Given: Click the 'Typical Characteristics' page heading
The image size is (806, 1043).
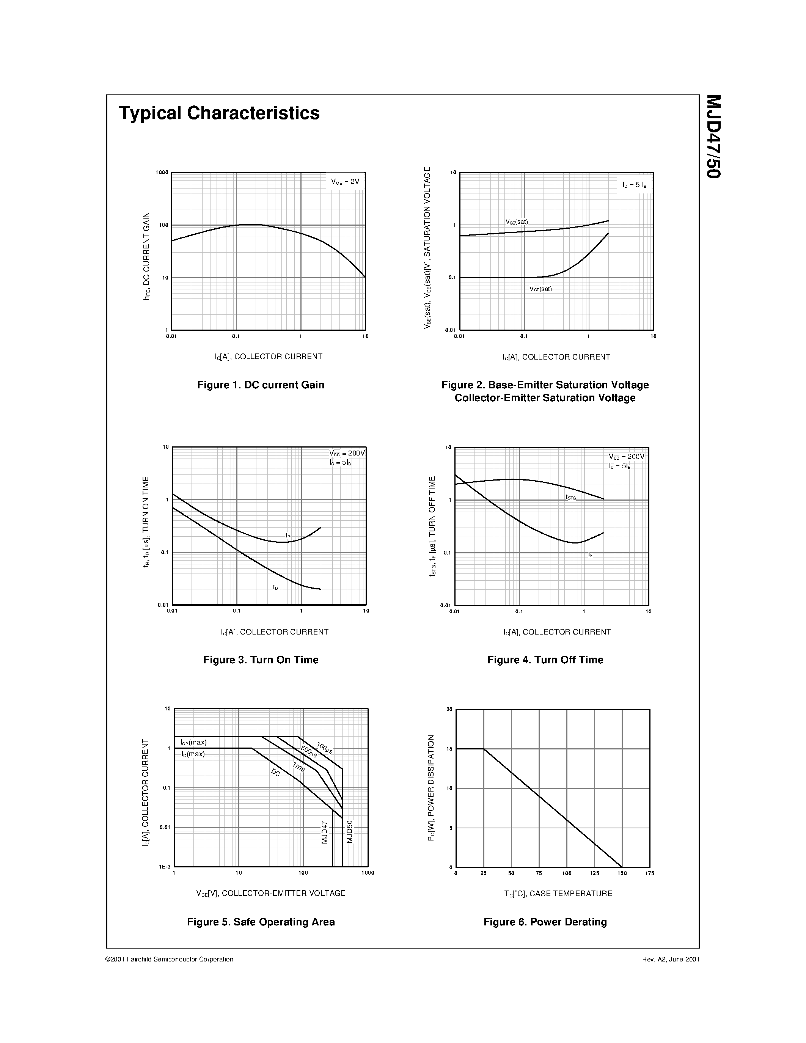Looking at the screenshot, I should (x=219, y=113).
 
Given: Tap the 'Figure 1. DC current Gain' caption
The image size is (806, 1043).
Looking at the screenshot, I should (x=261, y=385).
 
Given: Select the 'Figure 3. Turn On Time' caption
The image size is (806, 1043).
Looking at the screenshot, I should (x=261, y=660).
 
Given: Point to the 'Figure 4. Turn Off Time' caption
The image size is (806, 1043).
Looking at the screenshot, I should (x=545, y=660).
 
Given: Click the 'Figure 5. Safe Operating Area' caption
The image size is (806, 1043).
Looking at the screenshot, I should (x=261, y=922).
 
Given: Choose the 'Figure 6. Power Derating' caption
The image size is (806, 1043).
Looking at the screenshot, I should (x=545, y=922).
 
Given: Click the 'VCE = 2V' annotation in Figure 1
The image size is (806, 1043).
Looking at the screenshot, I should (x=345, y=181).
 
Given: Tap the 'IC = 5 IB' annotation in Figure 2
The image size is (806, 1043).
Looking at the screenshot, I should (x=635, y=185).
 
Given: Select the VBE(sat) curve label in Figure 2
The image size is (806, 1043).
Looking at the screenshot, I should (x=517, y=221).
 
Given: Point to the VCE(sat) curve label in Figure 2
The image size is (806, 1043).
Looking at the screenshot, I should (x=540, y=289).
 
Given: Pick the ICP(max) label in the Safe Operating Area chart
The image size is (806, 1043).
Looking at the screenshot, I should (x=193, y=743).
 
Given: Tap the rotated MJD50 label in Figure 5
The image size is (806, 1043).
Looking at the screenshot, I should (x=349, y=831).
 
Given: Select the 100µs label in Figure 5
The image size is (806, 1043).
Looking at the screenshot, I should (x=325, y=748).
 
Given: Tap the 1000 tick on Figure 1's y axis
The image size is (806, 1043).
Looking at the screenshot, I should (x=162, y=173).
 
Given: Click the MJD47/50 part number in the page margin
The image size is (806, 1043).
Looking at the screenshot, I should (x=713, y=137).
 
